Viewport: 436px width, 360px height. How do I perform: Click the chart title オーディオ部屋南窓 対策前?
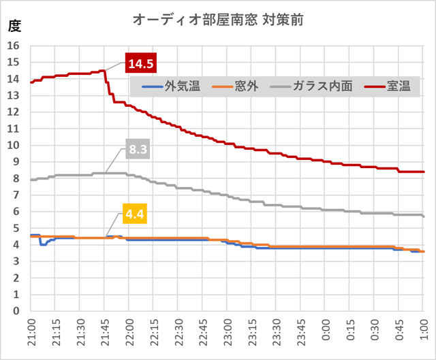pos(217,19)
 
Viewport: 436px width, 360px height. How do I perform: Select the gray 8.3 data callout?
pos(138,150)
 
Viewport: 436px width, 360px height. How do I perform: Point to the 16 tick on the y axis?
pos(14,46)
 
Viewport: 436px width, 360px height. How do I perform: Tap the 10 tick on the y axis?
pos(14,146)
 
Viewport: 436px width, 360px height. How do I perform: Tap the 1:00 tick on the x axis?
pos(424,333)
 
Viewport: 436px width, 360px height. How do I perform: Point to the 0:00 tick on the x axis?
pos(326,333)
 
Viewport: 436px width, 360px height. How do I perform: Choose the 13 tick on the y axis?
pos(14,96)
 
